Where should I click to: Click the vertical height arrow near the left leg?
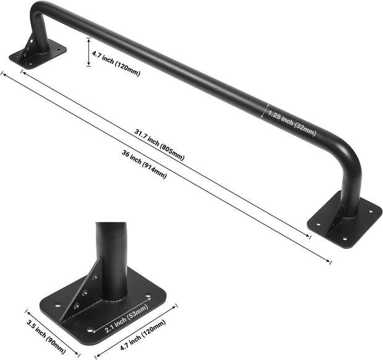pyautogui.click(x=89, y=52)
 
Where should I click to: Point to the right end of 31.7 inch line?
pyautogui.click(x=311, y=235)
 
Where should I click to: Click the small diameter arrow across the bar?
pyautogui.click(x=266, y=111)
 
